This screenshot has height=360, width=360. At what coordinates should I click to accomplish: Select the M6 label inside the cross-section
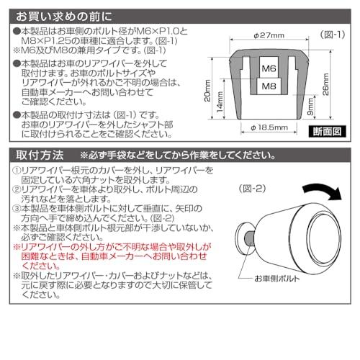pos(267,69)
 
